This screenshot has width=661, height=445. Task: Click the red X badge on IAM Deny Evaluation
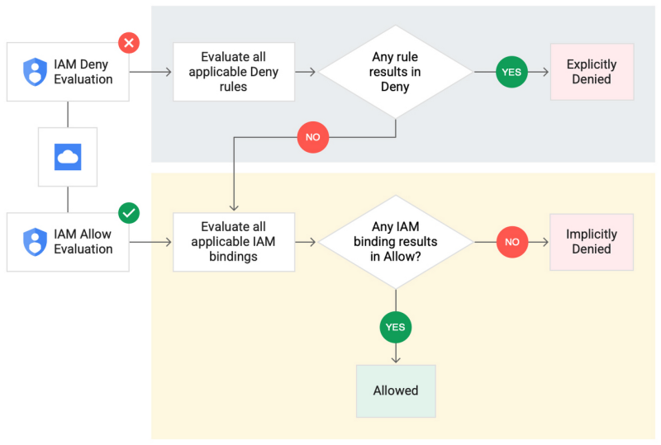coord(129,43)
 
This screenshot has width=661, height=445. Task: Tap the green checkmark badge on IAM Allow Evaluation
coord(129,213)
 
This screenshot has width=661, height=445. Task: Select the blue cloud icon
coord(68,157)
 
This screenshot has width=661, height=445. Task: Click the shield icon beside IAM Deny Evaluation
coord(35,72)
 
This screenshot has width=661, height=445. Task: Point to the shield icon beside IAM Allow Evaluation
coord(35,242)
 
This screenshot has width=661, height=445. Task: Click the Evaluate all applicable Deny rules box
coord(234,72)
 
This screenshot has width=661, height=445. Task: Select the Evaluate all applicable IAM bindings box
coord(234,242)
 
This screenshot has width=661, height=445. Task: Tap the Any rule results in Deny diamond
coord(396,72)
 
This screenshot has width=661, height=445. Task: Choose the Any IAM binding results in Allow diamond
coord(396,242)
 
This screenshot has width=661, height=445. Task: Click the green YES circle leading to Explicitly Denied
coord(511,72)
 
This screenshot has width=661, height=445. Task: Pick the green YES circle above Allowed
coord(396,328)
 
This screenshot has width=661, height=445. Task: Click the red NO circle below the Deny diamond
coord(313,137)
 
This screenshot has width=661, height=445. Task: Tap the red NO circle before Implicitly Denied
coord(512,242)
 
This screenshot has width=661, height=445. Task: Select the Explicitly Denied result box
coord(592,72)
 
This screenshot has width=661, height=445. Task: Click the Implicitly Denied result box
coord(592,242)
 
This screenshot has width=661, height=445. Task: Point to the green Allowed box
coord(396,391)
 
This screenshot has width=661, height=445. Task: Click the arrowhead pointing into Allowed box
coord(396,359)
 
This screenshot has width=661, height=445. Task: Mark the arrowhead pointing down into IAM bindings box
coord(234,207)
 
